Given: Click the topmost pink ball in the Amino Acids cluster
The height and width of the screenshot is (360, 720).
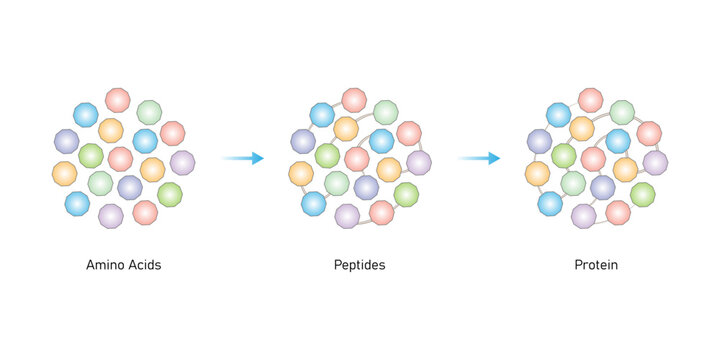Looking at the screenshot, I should click(x=118, y=100).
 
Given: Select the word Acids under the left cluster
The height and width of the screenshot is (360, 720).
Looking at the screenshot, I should click(x=143, y=266).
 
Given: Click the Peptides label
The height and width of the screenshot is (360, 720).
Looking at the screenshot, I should click(x=359, y=266).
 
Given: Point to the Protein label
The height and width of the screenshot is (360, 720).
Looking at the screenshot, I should click(x=596, y=266).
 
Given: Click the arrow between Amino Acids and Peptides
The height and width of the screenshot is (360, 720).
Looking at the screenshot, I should click(x=243, y=158).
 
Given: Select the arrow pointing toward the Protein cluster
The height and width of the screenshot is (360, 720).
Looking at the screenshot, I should click(x=480, y=158).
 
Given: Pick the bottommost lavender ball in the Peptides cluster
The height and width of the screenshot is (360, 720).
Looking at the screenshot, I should click(x=347, y=216).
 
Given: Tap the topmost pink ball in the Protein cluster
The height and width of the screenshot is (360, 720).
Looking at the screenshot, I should click(x=590, y=100).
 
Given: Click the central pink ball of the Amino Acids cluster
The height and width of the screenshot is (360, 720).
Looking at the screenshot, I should click(x=120, y=159).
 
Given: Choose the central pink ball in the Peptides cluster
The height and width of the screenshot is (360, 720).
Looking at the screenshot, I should click(x=357, y=159).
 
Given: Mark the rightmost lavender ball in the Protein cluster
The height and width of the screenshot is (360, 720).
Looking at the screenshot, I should click(x=655, y=162).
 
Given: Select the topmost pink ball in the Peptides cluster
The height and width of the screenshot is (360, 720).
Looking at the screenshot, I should click(x=354, y=100).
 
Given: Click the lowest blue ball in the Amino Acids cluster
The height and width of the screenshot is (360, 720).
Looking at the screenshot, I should click(x=77, y=204).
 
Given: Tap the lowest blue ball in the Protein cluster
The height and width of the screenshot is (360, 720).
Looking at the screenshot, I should click(x=549, y=204).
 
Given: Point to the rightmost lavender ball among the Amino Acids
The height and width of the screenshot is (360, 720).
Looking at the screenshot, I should click(x=182, y=162).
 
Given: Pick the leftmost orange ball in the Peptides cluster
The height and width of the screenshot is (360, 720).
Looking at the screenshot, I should click(x=301, y=173).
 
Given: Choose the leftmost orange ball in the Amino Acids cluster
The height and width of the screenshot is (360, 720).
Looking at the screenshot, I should click(x=64, y=173).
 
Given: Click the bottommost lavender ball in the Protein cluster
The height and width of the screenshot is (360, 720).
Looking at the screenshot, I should click(x=583, y=216).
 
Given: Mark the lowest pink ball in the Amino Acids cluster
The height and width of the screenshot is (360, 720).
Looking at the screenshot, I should click(x=145, y=212).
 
